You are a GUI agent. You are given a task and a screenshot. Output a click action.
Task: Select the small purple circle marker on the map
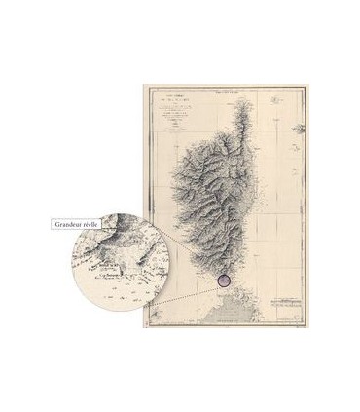[224, 280]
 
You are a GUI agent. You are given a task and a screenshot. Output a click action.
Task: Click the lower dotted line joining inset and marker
[180, 301]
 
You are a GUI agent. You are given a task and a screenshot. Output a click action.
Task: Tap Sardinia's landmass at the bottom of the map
[243, 312]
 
